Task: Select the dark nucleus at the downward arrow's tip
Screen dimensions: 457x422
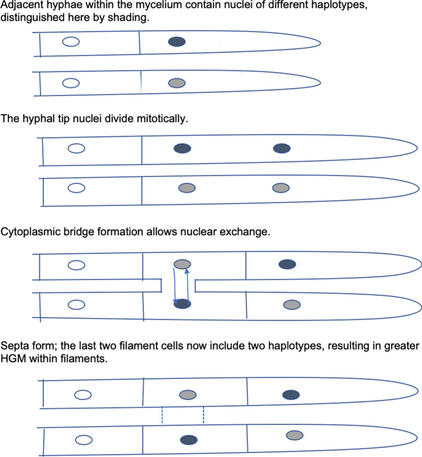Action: pyautogui.click(x=182, y=304)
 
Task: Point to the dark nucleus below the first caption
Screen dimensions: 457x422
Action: pyautogui.click(x=177, y=42)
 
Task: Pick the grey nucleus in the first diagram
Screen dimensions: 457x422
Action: pyautogui.click(x=177, y=83)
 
